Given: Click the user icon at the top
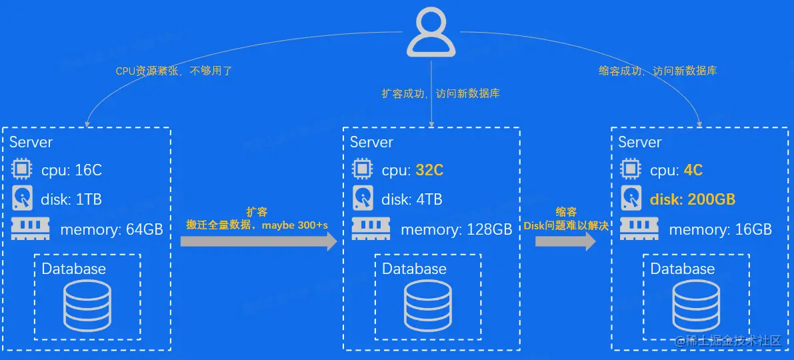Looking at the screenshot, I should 431,33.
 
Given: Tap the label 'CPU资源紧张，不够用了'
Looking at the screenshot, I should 174,71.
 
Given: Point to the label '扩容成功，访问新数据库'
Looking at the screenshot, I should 441,94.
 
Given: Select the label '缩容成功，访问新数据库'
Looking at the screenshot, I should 657,71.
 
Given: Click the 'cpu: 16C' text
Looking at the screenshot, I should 71,170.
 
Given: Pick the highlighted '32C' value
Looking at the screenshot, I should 429,170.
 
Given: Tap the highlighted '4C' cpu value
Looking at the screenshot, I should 693,170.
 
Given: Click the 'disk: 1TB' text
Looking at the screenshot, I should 71,199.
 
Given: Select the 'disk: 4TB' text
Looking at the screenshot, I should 411,199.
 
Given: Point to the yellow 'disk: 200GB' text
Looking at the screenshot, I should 693,199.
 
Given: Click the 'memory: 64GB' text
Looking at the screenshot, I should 111,230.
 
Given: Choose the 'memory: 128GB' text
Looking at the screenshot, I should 456,230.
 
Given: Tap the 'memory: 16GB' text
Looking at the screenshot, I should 720,230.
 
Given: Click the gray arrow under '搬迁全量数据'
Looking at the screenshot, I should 259,241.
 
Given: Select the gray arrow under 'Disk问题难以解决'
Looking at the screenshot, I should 565,241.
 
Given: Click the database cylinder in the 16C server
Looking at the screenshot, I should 87,304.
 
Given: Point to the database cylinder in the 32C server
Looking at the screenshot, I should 428,304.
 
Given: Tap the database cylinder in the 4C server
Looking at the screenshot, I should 696,304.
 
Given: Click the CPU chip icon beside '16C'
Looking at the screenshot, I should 22,169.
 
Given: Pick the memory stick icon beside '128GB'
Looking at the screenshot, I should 371,229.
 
